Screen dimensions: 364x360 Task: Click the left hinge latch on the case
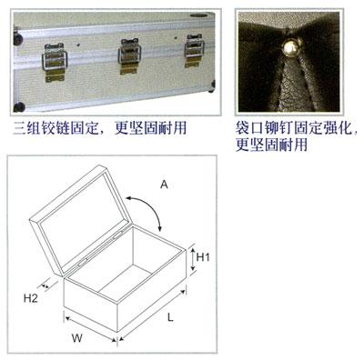55,62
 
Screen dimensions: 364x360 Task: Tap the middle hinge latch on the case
129,56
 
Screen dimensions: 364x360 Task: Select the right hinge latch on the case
194,50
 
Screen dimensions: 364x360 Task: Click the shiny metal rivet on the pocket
289,47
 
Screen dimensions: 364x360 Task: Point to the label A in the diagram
164,185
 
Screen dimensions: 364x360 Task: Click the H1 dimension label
203,257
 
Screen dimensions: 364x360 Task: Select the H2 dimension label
31,298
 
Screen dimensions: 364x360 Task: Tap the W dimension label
77,337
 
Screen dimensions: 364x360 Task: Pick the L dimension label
170,317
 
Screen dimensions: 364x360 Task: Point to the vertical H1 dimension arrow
192,259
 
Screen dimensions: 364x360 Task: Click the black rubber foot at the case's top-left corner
18,39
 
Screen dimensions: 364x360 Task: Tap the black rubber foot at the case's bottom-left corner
19,107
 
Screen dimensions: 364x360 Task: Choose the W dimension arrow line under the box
91,329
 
